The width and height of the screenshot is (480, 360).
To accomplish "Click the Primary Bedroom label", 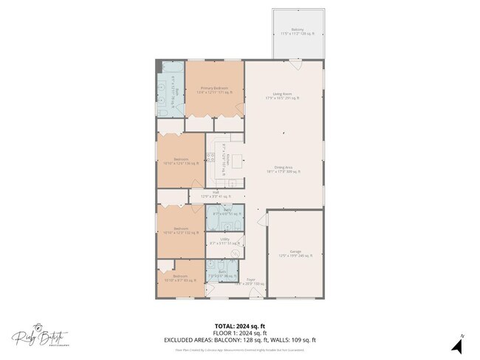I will (x=213, y=88).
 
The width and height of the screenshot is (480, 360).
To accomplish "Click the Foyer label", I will (x=250, y=280).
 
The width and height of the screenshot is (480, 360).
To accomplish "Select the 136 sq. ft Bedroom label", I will (x=180, y=160).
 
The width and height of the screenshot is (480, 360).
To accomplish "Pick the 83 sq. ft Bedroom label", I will (x=180, y=278).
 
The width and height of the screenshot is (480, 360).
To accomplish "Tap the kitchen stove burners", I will (x=210, y=156).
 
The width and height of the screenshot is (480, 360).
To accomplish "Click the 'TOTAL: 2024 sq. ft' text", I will (x=240, y=325).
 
